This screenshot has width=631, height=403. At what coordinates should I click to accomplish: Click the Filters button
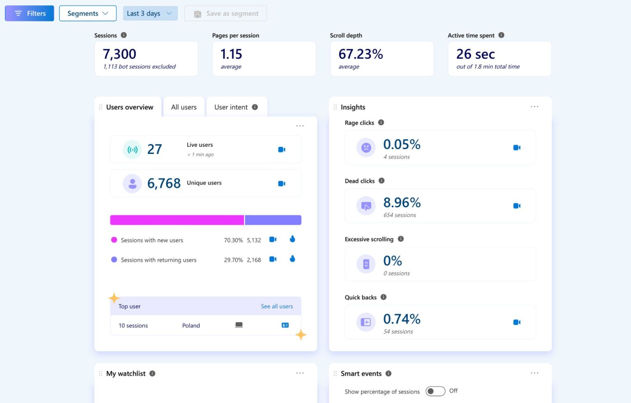[x=30, y=14]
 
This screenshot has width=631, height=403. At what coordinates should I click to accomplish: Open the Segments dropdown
[x=88, y=14]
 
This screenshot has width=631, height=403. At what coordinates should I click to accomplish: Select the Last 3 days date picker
[x=150, y=14]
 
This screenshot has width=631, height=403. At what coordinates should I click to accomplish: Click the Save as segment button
[x=226, y=14]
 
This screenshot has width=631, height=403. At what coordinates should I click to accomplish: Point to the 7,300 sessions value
[x=120, y=54]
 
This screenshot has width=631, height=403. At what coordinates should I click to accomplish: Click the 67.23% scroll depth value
[x=361, y=54]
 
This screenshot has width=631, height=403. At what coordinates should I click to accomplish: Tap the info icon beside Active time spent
[x=501, y=35]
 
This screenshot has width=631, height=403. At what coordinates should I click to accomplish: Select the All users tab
[x=184, y=107]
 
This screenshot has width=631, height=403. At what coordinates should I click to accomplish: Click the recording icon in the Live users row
[x=282, y=150]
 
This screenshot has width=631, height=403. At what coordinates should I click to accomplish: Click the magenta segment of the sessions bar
[x=177, y=220]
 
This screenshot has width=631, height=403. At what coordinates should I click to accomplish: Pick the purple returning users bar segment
[x=273, y=220]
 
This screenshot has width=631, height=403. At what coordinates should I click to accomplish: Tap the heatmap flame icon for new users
[x=292, y=239]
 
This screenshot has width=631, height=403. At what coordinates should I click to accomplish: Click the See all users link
[x=277, y=306]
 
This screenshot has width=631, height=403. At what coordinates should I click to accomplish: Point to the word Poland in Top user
[x=191, y=326]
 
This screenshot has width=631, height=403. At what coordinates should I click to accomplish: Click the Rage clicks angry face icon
[x=366, y=148]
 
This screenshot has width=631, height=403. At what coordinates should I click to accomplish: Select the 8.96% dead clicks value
[x=402, y=203]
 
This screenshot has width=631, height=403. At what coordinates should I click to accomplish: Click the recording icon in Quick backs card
[x=517, y=322]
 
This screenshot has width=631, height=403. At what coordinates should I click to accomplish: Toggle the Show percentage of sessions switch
[x=435, y=391]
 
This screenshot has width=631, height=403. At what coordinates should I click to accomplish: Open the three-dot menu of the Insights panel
[x=534, y=107]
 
